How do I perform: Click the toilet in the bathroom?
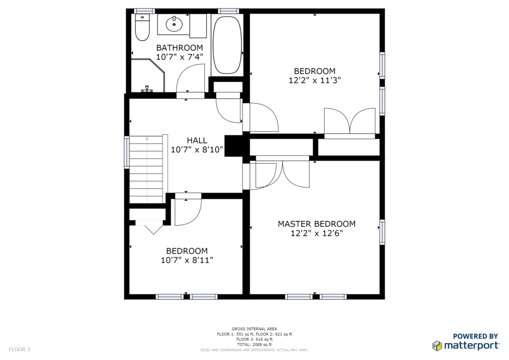pos(142,27)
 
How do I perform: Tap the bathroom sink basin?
pos(174,24)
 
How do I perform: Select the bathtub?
pos(227,45)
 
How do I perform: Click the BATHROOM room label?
pos(179,48)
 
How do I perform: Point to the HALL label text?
pos(197,141)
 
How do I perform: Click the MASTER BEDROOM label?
pos(317,224)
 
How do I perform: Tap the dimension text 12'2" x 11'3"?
pos(315,80)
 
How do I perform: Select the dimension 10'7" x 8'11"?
pos(187,260)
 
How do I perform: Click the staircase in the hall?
pos(147,170)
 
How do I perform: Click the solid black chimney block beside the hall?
pos(234,146)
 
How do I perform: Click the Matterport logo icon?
pos(437,346)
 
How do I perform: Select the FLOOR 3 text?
pos(19,350)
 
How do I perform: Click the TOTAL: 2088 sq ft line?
pos(254,345)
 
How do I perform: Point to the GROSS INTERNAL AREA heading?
pos(254,329)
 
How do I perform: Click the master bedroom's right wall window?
pos(382,232)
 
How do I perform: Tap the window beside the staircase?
pos(127,152)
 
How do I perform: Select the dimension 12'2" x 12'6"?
pos(317,233)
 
